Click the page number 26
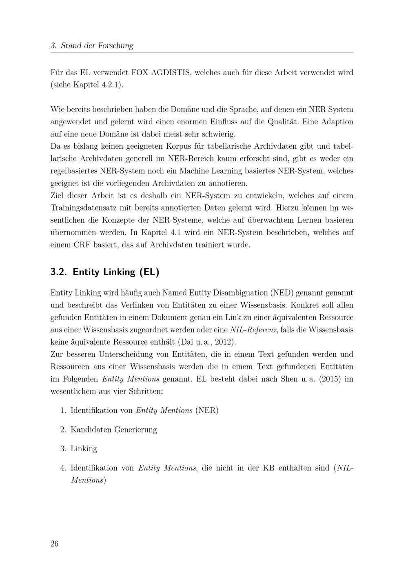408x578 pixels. (55, 544)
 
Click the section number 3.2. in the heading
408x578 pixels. (59, 272)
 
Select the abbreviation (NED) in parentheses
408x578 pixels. (281, 293)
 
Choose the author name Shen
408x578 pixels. (289, 379)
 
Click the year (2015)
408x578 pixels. (329, 379)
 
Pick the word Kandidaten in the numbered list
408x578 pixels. (91, 429)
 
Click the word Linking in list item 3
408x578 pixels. (84, 448)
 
